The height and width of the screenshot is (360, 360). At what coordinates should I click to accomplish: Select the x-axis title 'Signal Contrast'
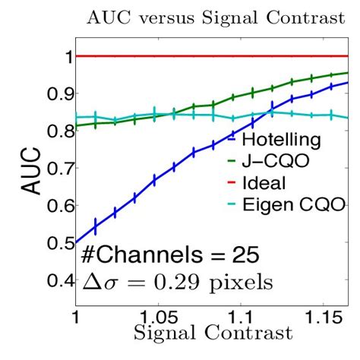[213, 333]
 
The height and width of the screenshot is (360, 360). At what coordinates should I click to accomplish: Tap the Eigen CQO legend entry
[281, 204]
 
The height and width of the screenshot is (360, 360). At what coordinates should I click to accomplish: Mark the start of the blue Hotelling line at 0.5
[76, 242]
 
